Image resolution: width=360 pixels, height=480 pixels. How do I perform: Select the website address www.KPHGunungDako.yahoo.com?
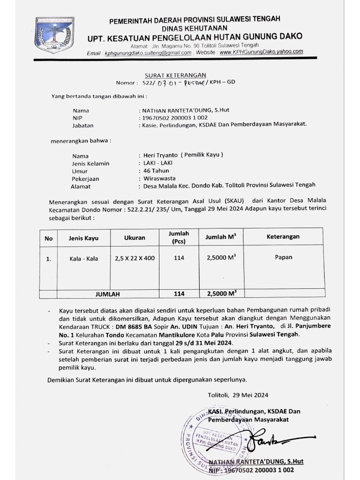(x=261, y=52)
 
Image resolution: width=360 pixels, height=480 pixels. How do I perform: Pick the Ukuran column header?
(x=135, y=238)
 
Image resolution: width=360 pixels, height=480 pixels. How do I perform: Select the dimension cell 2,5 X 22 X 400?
(x=135, y=258)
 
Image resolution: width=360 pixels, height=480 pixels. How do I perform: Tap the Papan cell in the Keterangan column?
(x=283, y=257)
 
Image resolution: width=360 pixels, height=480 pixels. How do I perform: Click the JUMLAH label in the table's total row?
(x=108, y=294)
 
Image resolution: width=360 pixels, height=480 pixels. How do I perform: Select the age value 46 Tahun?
(x=155, y=171)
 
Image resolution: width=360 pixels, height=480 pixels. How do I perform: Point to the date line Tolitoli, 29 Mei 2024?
(x=238, y=395)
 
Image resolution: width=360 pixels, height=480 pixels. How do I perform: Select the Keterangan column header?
(x=283, y=237)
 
